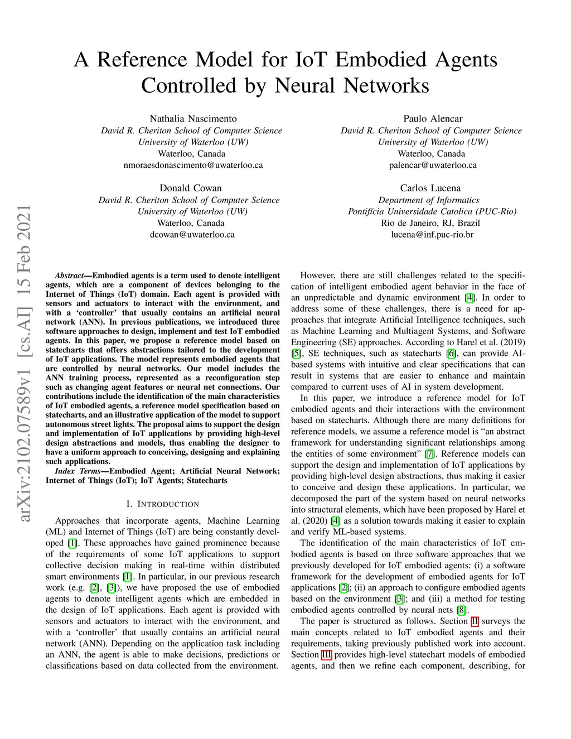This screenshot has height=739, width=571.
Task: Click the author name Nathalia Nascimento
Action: [x=193, y=119]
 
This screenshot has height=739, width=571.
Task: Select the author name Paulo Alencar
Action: [x=433, y=119]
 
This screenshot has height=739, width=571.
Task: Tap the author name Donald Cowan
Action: [x=191, y=189]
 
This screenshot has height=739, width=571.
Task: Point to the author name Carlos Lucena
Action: [x=430, y=189]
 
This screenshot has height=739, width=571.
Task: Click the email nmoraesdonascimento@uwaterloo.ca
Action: [x=193, y=165]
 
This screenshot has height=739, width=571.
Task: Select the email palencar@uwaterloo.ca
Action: [x=433, y=165]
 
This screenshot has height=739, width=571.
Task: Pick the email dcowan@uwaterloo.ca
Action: [x=192, y=235]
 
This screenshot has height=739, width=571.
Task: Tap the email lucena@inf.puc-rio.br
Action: [x=432, y=235]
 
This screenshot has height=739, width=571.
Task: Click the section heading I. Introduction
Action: [x=162, y=504]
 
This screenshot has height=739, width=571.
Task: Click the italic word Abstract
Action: [x=69, y=276]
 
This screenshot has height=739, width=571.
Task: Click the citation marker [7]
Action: [x=429, y=454]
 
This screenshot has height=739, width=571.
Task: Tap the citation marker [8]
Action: [x=461, y=610]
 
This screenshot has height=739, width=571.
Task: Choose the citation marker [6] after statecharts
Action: [x=451, y=354]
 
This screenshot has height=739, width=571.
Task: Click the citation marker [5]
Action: [x=296, y=354]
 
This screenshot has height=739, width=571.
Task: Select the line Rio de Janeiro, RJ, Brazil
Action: [x=430, y=223]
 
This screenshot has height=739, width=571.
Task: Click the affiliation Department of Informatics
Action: [x=429, y=200]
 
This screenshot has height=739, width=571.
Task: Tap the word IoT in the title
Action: [x=313, y=60]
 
